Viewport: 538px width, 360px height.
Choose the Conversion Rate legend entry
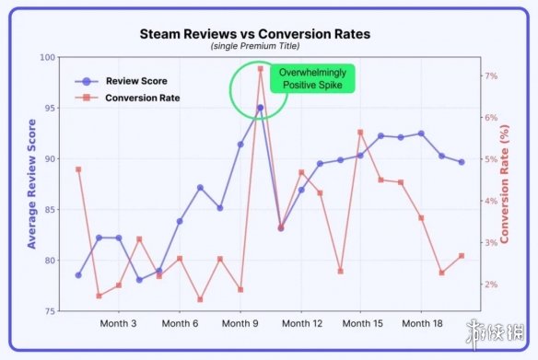click(x=142, y=98)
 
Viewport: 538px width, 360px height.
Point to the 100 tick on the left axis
click(x=48, y=57)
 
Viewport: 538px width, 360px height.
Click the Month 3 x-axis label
click(x=119, y=324)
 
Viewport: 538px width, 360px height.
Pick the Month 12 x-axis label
click(x=300, y=324)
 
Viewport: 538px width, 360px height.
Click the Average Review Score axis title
click(x=32, y=185)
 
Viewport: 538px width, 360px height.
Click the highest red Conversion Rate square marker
click(x=261, y=69)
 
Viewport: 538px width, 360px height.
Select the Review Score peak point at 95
click(x=261, y=108)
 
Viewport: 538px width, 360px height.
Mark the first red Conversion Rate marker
click(x=78, y=169)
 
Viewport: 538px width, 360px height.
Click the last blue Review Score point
click(x=462, y=162)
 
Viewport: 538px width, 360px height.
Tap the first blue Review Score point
click(x=78, y=275)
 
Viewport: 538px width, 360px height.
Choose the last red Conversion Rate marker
click(x=462, y=256)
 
